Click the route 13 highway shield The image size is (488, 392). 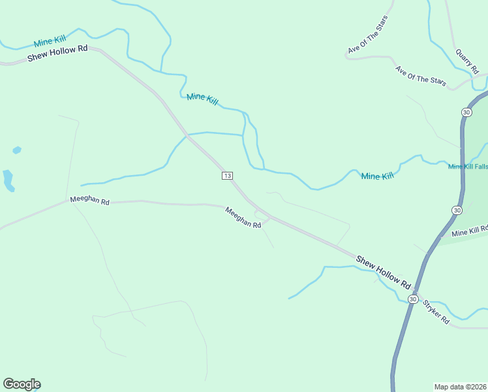point(227,176)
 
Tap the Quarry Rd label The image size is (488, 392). point(467,60)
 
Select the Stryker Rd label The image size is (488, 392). point(435,312)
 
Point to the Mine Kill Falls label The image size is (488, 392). point(467,167)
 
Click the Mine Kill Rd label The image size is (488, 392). point(469,231)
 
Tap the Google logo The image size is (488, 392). point(22,384)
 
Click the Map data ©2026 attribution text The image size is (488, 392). point(460,386)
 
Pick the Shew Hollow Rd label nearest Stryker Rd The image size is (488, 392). point(384,272)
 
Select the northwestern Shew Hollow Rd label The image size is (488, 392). point(57,54)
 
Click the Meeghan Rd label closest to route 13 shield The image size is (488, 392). point(243,218)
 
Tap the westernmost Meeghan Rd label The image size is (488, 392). point(89,200)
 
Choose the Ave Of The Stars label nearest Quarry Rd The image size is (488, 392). point(421,75)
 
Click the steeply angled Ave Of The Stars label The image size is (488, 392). point(368,35)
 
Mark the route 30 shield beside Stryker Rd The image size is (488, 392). point(412,299)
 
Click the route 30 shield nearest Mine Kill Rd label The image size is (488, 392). point(457,210)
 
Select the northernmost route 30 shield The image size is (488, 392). point(466,112)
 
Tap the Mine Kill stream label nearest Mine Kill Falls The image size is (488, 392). point(378,176)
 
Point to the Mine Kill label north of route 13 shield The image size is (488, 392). point(202,99)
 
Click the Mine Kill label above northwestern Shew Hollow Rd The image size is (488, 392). point(51,41)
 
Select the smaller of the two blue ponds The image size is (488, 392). point(16,150)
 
